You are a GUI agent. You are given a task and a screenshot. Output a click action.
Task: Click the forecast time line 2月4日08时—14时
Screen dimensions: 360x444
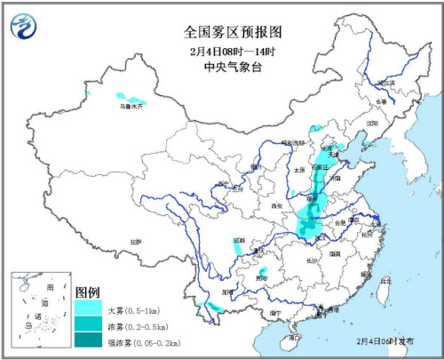click(x=233, y=50)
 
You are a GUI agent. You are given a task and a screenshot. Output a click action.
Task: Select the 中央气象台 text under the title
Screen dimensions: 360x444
click(x=233, y=66)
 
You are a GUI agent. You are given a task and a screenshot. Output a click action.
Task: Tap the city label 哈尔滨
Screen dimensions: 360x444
click(x=385, y=84)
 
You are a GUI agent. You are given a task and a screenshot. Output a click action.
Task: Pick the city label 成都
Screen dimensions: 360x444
click(x=240, y=240)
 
